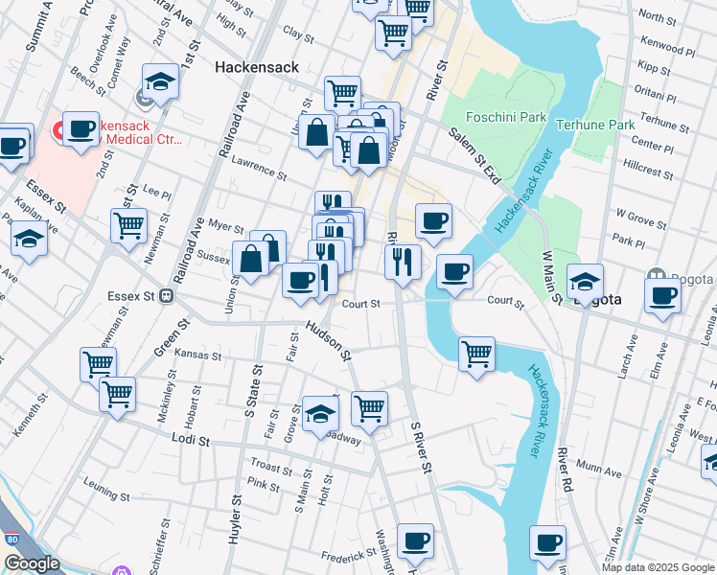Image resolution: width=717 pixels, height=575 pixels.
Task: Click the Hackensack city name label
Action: coord(257,68)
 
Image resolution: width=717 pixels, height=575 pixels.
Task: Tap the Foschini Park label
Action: coord(505,118)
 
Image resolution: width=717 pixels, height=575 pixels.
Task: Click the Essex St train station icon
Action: coord(166,297)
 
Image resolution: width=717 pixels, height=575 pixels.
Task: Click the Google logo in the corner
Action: coord(32,564)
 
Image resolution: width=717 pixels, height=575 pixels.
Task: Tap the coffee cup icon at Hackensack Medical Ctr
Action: coord(81,128)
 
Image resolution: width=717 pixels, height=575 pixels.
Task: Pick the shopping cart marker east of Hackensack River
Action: coord(476,354)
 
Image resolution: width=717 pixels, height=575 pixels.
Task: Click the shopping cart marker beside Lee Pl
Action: coord(128,225)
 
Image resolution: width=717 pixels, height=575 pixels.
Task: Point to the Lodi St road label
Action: coord(191,439)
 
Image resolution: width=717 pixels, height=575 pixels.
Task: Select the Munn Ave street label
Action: coord(600,471)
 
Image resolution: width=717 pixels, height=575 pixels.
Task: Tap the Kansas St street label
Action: coord(197,355)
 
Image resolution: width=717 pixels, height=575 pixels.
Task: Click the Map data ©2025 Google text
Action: coord(659,567)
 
